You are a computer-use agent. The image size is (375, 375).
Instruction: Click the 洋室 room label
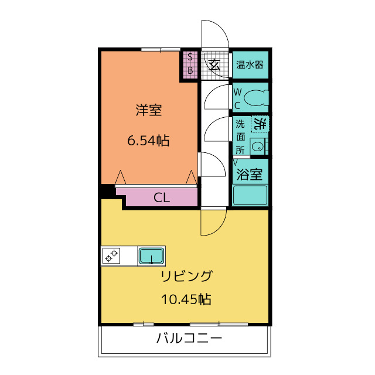149,110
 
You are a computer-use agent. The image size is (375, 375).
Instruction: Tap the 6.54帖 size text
148,141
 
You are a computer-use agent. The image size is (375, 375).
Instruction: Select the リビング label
186,276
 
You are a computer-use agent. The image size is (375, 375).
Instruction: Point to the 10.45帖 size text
186,299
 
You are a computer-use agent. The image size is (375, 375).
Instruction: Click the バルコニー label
189,338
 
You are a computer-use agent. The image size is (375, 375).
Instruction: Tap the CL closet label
162,197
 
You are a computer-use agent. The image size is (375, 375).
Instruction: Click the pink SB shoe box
190,64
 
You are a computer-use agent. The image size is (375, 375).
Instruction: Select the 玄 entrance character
214,65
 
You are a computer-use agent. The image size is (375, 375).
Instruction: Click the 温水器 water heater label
250,64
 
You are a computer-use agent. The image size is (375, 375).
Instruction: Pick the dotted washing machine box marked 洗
260,124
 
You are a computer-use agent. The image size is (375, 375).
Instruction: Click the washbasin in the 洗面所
258,146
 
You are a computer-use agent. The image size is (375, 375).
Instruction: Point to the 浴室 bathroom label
250,175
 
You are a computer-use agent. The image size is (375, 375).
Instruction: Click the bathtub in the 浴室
250,195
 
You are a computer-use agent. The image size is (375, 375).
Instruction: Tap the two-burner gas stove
111,255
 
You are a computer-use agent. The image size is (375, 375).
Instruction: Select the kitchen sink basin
152,255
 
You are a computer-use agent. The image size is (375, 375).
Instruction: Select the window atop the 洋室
161,49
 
